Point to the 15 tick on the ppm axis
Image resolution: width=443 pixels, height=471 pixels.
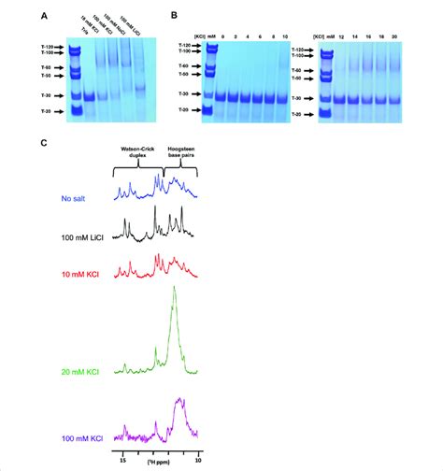point(123,461)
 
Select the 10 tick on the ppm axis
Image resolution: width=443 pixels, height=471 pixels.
point(197,461)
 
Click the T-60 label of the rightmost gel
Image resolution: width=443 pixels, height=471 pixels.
point(300,70)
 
